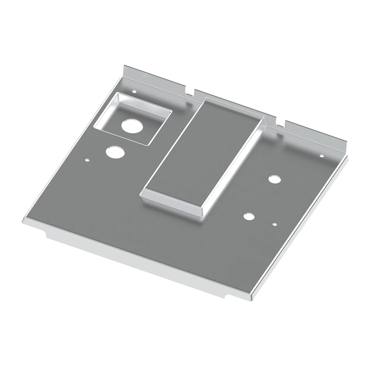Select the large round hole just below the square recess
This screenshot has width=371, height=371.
click(x=115, y=152)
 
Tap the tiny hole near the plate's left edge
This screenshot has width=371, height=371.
click(x=87, y=160)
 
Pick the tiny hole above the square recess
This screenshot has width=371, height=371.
click(x=134, y=92)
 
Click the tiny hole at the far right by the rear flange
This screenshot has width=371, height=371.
click(x=321, y=156)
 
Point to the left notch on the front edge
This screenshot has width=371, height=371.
click(x=45, y=234)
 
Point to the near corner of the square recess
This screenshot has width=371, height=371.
click(x=148, y=144)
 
